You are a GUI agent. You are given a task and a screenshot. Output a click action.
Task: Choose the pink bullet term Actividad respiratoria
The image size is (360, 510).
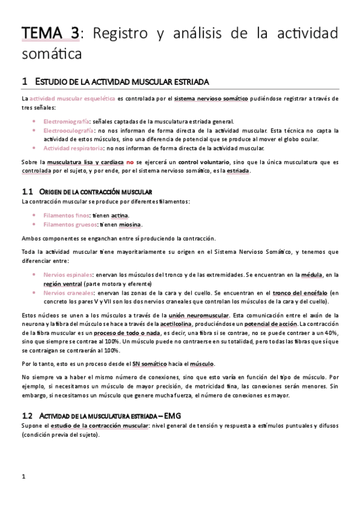point(72,148)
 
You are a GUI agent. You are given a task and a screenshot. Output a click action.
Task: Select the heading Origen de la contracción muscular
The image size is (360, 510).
point(100,191)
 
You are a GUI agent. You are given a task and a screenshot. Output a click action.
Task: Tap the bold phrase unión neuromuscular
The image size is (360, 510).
point(198,315)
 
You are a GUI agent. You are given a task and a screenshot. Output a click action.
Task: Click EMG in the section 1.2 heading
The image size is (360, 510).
point(172,416)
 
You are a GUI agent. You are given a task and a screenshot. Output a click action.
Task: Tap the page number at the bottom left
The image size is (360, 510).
point(22,478)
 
